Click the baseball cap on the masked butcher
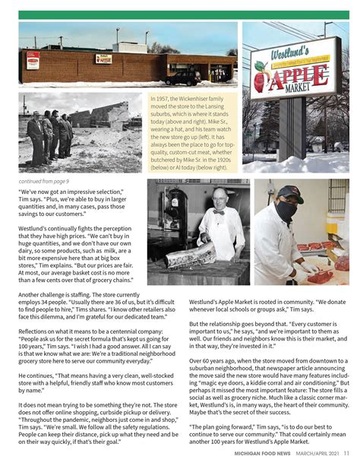click(x=289, y=192)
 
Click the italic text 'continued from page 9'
click(x=43, y=182)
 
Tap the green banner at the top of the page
click(x=180, y=14)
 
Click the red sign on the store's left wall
click(x=33, y=60)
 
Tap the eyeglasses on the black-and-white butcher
click(x=219, y=199)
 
